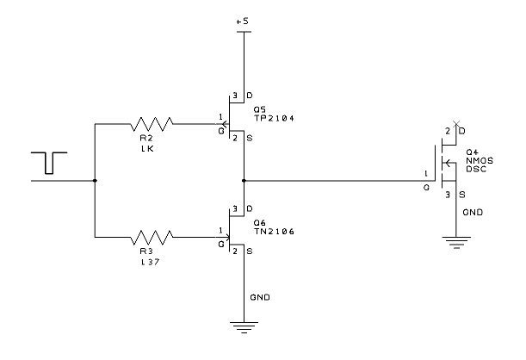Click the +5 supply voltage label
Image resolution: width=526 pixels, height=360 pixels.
242,22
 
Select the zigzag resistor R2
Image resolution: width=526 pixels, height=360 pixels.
152,124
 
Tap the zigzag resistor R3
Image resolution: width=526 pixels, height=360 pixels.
152,237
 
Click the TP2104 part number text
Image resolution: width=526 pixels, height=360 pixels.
274,118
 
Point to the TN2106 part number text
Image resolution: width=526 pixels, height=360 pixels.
274,232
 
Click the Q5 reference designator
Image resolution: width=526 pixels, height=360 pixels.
259,109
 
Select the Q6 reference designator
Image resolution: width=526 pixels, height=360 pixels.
259,223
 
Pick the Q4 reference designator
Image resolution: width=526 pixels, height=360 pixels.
472,152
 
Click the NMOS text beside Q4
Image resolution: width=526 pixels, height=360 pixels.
480,161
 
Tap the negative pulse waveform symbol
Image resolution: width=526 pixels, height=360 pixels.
49,163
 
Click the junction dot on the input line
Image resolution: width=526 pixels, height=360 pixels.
95,181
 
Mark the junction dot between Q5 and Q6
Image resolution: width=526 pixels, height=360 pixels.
244,181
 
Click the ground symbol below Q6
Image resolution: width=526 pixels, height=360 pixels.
244,327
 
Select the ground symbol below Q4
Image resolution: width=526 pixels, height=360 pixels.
456,243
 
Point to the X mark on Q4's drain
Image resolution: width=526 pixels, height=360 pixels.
456,125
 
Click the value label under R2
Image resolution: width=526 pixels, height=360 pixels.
147,149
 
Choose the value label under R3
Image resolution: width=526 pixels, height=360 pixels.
150,262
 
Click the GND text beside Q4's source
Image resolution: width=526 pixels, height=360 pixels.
473,213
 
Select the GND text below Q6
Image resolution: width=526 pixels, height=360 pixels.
260,297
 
